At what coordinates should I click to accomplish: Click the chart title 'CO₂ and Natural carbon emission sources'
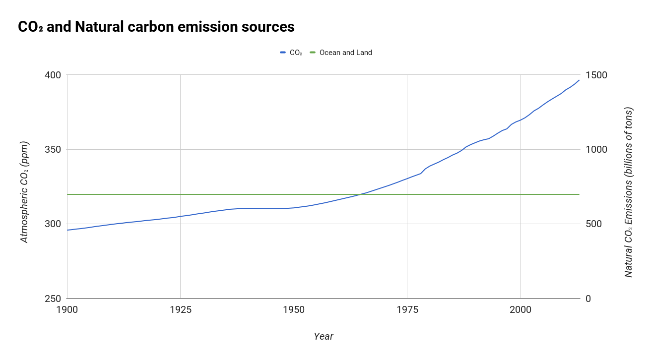pyautogui.click(x=156, y=27)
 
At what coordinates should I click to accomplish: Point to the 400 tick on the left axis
pyautogui.click(x=53, y=75)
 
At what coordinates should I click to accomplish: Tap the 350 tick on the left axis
pyautogui.click(x=53, y=149)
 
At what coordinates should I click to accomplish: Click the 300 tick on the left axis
pyautogui.click(x=53, y=224)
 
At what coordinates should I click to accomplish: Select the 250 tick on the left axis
pyautogui.click(x=53, y=299)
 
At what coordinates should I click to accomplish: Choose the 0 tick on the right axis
pyautogui.click(x=588, y=299)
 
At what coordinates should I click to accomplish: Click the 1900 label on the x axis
pyautogui.click(x=67, y=310)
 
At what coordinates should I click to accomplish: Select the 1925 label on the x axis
pyautogui.click(x=180, y=310)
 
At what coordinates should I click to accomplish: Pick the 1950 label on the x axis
pyautogui.click(x=294, y=310)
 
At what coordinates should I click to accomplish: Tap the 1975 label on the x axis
pyautogui.click(x=407, y=310)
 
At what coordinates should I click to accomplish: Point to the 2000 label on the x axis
pyautogui.click(x=520, y=310)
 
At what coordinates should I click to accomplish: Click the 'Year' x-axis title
pyautogui.click(x=324, y=336)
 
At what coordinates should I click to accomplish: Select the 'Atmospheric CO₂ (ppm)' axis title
pyautogui.click(x=24, y=192)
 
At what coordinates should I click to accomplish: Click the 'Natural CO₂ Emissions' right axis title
pyautogui.click(x=628, y=192)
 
